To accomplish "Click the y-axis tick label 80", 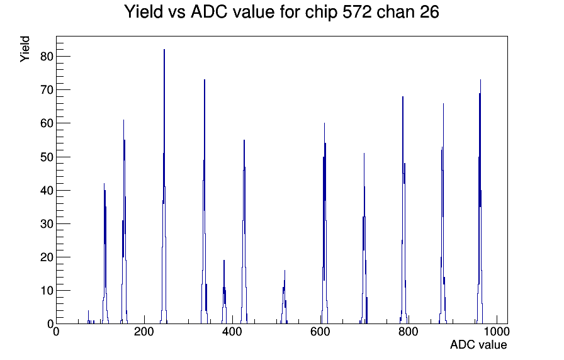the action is point(47,57).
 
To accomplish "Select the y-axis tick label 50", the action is point(47,157).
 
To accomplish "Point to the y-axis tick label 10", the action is point(47,291).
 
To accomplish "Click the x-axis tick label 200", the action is point(144,332).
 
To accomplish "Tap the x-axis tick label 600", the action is point(320,332).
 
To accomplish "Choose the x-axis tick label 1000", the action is point(497,332).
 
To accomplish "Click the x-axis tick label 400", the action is point(232,332).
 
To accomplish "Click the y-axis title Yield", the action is point(25,49).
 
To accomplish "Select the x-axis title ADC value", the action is point(478,345).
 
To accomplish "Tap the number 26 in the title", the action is point(429,12).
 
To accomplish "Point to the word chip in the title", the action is point(321,13).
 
